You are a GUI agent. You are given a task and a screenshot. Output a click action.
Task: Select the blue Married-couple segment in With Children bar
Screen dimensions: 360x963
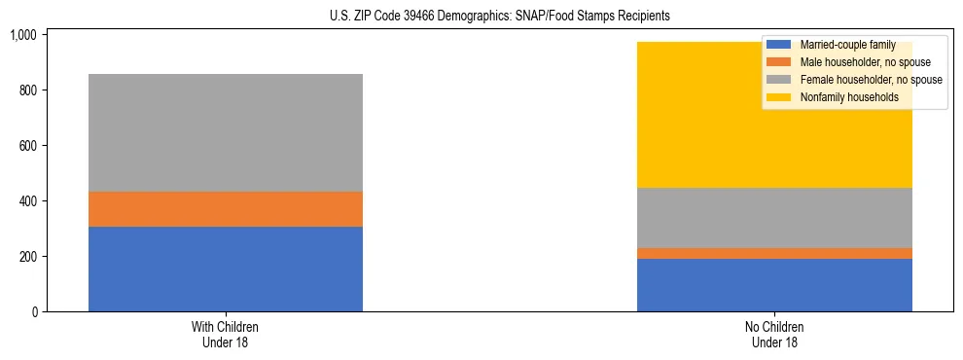[x=226, y=269]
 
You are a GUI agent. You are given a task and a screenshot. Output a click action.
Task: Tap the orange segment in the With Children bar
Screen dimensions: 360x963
[x=226, y=209]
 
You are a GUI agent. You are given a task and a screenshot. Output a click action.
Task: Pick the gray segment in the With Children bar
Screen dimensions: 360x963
[x=226, y=132]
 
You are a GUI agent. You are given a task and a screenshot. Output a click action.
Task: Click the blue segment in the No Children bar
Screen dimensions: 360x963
[x=774, y=285]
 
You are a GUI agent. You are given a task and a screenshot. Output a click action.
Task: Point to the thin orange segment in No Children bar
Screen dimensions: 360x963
[x=774, y=253]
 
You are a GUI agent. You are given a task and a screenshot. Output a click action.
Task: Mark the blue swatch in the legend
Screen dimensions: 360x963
[x=779, y=45]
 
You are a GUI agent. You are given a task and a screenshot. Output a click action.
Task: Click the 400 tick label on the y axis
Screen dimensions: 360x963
[x=26, y=201]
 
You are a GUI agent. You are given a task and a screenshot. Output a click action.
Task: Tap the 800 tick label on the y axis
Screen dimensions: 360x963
[x=26, y=90]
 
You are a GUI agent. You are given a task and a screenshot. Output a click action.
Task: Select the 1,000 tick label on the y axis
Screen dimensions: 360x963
[x=22, y=35]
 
